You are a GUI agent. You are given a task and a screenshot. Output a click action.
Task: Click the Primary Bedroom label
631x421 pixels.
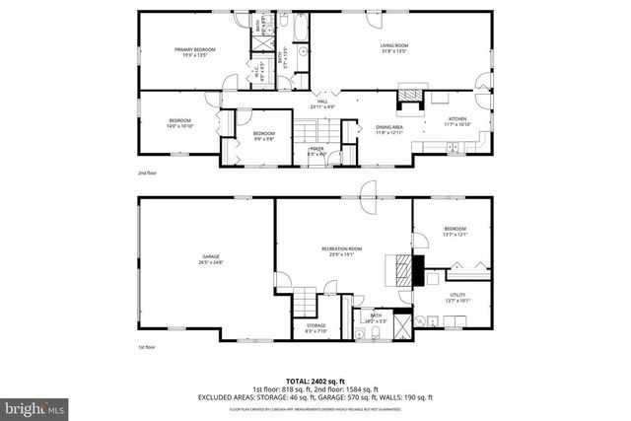tap(194, 51)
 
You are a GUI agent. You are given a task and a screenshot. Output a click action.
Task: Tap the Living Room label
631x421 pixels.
tap(394, 47)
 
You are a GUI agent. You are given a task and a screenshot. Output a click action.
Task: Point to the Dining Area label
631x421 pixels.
tap(389, 129)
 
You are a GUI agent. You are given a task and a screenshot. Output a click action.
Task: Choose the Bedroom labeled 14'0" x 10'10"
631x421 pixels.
tap(176, 122)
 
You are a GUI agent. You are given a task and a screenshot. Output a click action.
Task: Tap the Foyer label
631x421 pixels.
tap(316, 150)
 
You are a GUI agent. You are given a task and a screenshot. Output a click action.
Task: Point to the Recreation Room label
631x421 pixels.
tap(342, 251)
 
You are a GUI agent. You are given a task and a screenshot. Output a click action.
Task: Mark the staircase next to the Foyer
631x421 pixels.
tap(316, 129)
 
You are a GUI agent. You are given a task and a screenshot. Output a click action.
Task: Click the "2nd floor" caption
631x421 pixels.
tap(148, 173)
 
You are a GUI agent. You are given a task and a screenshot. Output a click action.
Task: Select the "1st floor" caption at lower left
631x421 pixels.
tap(148, 347)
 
